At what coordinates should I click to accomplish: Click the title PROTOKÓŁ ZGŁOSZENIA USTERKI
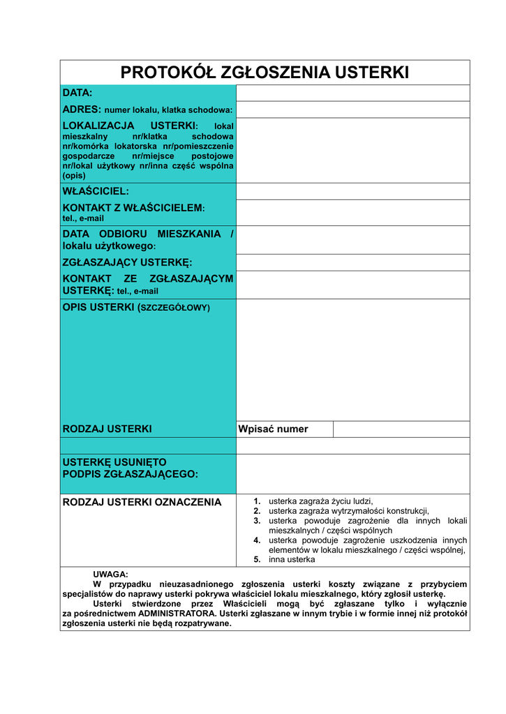tap(265, 73)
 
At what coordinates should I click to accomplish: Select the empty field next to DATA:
tap(352, 93)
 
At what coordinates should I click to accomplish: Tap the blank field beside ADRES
tap(352, 109)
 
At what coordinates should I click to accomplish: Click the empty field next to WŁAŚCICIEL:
tap(352, 191)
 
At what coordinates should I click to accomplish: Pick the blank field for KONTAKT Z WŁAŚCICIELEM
tap(352, 213)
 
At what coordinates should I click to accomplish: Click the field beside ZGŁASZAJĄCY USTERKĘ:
tap(352, 262)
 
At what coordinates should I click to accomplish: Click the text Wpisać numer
tap(273, 429)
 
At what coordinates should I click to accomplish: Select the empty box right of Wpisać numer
tap(401, 429)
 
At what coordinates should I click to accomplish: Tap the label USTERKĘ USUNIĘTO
tap(114, 462)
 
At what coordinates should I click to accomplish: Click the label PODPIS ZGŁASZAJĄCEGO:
tap(131, 474)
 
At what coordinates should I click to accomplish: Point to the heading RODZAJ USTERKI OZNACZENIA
tap(142, 502)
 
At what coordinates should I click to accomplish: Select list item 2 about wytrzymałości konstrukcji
tap(348, 510)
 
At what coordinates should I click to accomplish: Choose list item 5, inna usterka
tap(292, 559)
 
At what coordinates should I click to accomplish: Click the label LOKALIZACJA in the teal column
tap(98, 126)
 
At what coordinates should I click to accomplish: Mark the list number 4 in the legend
tap(257, 540)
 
